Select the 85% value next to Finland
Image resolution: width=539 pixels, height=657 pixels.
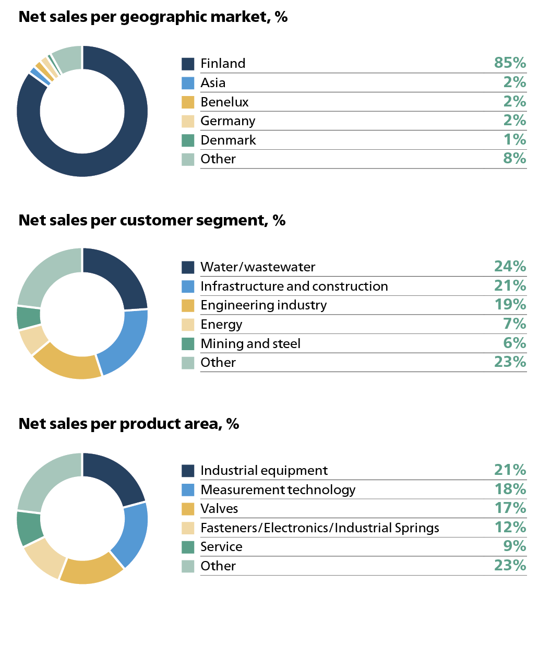(510, 63)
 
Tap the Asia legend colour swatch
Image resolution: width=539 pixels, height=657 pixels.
(188, 83)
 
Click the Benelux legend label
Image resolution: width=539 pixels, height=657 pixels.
(224, 102)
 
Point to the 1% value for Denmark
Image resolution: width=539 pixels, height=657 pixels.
(514, 139)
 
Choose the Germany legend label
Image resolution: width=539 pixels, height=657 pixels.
(228, 121)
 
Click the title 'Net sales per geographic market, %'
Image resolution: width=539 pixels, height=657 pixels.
(153, 17)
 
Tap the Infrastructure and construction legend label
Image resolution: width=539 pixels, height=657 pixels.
(294, 286)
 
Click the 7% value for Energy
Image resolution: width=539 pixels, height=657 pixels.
(514, 324)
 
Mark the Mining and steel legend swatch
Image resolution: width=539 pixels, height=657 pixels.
(188, 344)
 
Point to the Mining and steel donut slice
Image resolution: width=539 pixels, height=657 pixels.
(29, 317)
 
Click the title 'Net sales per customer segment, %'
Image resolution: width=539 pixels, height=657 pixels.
(152, 220)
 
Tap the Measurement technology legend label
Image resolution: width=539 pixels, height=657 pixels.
(278, 489)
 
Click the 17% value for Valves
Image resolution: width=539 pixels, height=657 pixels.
(510, 508)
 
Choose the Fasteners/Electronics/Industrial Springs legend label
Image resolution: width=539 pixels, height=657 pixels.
(320, 528)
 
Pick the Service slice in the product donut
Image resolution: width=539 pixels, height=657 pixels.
(30, 528)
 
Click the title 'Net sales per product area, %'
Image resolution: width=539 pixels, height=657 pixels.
(129, 424)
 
